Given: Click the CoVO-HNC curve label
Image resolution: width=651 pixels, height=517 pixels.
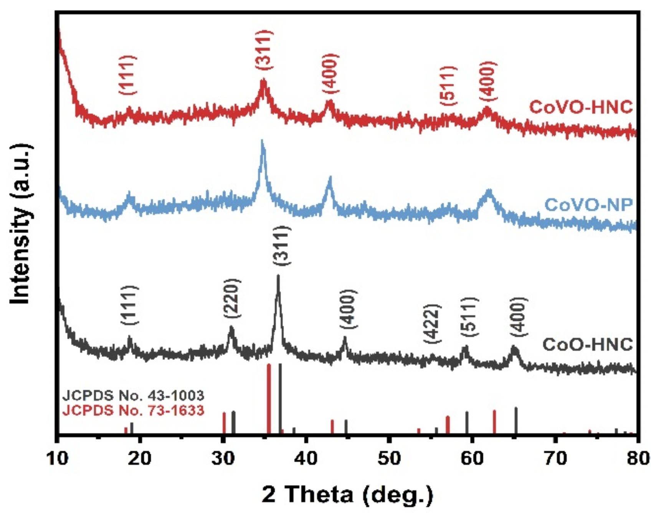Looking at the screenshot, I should (580, 107).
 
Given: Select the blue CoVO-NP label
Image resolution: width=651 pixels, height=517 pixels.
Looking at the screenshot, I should (588, 205).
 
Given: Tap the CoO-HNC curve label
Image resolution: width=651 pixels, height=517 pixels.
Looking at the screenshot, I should (587, 344).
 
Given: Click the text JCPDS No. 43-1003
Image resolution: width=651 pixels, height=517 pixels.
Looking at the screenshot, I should (133, 395).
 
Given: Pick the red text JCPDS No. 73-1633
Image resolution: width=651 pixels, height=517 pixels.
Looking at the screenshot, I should (133, 410).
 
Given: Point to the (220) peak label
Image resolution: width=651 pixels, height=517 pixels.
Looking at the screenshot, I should (232, 298).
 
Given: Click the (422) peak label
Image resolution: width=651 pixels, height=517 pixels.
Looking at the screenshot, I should (432, 324).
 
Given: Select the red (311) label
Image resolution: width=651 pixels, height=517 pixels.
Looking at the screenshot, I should (264, 50).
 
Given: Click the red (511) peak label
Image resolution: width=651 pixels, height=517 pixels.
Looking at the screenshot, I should (448, 86).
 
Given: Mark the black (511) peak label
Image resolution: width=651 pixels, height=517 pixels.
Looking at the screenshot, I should (469, 317).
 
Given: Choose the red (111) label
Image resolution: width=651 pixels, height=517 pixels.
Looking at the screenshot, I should (127, 75).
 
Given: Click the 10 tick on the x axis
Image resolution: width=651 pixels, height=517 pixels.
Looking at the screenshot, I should (58, 458).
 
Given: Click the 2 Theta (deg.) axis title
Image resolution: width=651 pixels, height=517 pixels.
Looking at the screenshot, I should (347, 494).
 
